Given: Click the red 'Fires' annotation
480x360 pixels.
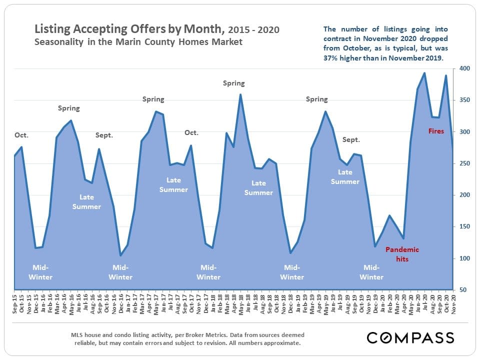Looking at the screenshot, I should (x=436, y=131).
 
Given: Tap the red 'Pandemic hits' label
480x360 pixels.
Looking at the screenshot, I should (x=402, y=254).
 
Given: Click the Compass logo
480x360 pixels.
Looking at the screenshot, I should (x=410, y=337).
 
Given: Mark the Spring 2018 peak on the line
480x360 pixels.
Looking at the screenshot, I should (x=240, y=94).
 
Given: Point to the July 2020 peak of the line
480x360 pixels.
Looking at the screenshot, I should (x=424, y=73).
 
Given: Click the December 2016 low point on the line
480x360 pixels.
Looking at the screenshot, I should (x=120, y=255).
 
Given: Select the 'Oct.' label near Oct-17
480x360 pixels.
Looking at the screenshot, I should (x=191, y=132).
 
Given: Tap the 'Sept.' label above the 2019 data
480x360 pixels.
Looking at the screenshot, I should (x=351, y=140).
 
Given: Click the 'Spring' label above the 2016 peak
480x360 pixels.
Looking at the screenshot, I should (x=69, y=108).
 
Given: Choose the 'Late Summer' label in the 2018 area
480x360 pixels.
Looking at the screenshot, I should (x=258, y=187).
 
